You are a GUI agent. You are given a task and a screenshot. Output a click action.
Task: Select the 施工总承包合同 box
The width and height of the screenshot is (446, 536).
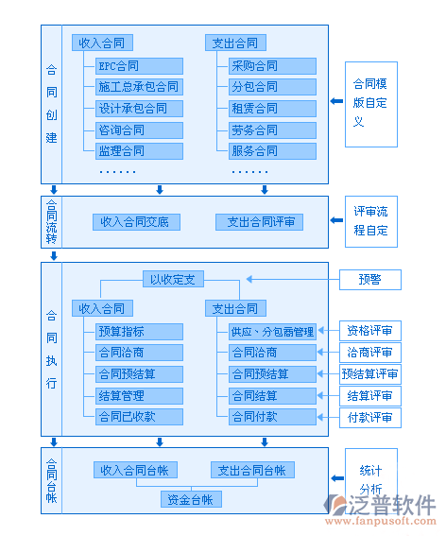[138, 87]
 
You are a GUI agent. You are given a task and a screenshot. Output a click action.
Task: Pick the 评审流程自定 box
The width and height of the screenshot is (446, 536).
[370, 221]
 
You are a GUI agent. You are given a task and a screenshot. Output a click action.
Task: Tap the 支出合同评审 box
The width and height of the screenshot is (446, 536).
[260, 222]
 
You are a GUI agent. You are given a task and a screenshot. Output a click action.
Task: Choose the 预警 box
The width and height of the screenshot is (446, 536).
[369, 280]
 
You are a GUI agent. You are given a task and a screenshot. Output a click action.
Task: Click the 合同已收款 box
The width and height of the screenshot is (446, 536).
[127, 416]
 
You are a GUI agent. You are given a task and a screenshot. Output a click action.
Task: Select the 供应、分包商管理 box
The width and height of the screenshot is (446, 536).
[272, 331]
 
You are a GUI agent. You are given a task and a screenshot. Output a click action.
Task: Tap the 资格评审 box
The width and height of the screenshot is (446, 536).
[370, 331]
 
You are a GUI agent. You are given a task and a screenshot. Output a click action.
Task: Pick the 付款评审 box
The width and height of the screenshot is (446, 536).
[370, 417]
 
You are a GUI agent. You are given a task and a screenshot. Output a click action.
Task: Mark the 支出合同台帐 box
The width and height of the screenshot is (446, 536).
[252, 470]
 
